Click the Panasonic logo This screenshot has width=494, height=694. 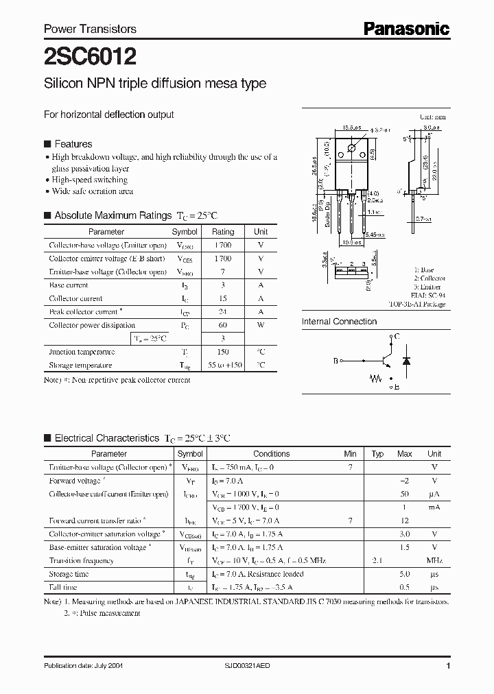click(x=405, y=28)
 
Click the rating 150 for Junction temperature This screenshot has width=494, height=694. click(x=223, y=352)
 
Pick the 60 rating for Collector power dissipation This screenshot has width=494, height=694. click(x=223, y=325)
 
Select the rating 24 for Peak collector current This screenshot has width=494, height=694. click(x=223, y=312)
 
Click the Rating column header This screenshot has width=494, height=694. click(x=223, y=232)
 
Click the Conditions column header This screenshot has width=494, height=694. click(x=271, y=454)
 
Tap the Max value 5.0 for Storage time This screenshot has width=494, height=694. click(x=405, y=574)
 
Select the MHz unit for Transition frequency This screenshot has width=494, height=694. click(x=434, y=561)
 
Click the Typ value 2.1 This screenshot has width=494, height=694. click(x=377, y=561)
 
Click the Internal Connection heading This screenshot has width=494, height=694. click(x=339, y=322)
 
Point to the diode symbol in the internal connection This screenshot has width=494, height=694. click(x=405, y=359)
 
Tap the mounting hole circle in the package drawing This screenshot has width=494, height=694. click(x=352, y=148)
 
